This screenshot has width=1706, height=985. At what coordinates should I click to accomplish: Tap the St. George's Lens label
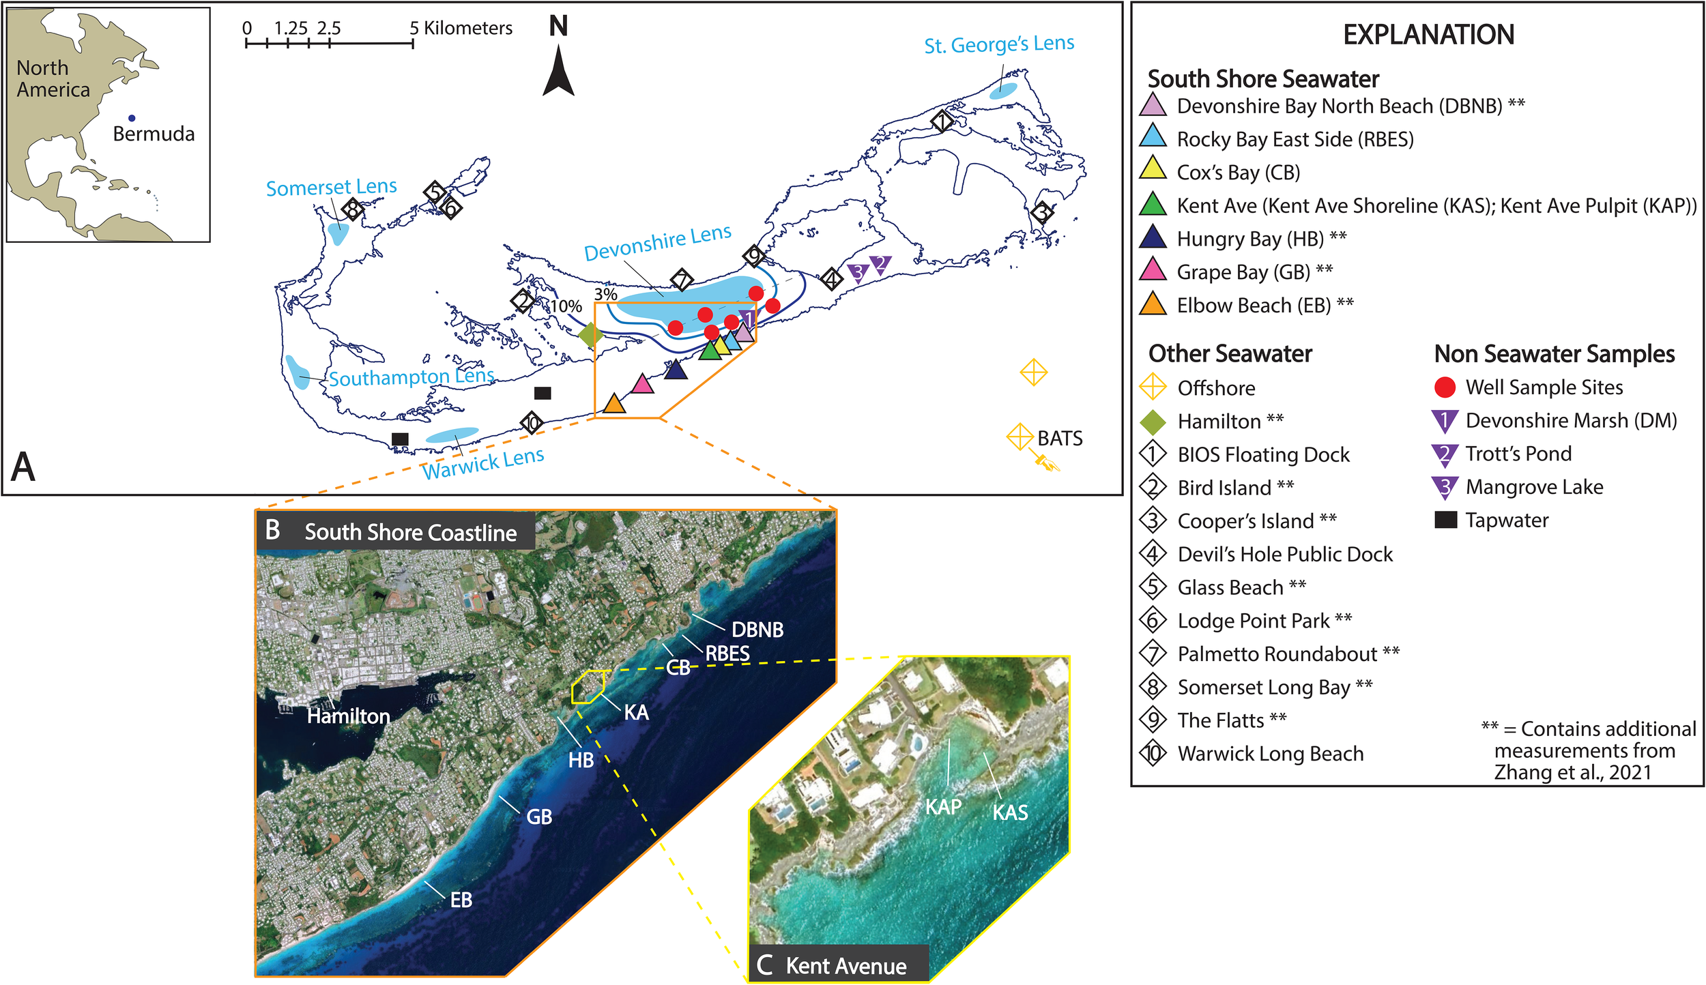pyautogui.click(x=998, y=44)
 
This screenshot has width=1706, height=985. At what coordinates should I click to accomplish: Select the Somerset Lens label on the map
pyautogui.click(x=331, y=187)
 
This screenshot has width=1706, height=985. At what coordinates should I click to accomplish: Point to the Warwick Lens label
pyautogui.click(x=482, y=463)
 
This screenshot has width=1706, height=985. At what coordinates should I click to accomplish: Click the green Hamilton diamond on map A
pyautogui.click(x=590, y=334)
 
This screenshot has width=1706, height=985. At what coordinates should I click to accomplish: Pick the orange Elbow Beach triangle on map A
pyautogui.click(x=614, y=404)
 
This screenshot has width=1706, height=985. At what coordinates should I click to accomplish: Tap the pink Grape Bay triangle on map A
pyautogui.click(x=641, y=385)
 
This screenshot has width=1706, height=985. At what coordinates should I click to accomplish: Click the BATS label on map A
pyautogui.click(x=1060, y=439)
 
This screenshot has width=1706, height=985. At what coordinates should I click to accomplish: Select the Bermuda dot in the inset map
pyautogui.click(x=132, y=118)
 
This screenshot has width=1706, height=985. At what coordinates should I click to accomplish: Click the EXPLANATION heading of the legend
pyautogui.click(x=1428, y=34)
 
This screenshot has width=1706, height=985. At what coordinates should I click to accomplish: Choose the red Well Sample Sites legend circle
pyautogui.click(x=1445, y=387)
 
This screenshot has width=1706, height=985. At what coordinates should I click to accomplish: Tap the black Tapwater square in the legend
pyautogui.click(x=1445, y=520)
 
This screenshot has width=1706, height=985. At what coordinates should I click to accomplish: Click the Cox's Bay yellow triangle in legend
pyautogui.click(x=1153, y=168)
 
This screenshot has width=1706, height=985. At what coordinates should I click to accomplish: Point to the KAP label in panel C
pyautogui.click(x=943, y=807)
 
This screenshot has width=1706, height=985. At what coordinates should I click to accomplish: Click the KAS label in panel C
pyautogui.click(x=1010, y=812)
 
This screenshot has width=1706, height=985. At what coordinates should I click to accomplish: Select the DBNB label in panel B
pyautogui.click(x=757, y=630)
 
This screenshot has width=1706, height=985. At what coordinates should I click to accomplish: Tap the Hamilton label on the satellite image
pyautogui.click(x=348, y=716)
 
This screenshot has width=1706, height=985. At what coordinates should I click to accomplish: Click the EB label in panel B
pyautogui.click(x=461, y=900)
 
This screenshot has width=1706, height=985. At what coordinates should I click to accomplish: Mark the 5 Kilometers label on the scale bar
pyautogui.click(x=461, y=28)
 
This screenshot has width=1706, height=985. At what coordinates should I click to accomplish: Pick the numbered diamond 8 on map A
pyautogui.click(x=352, y=209)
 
